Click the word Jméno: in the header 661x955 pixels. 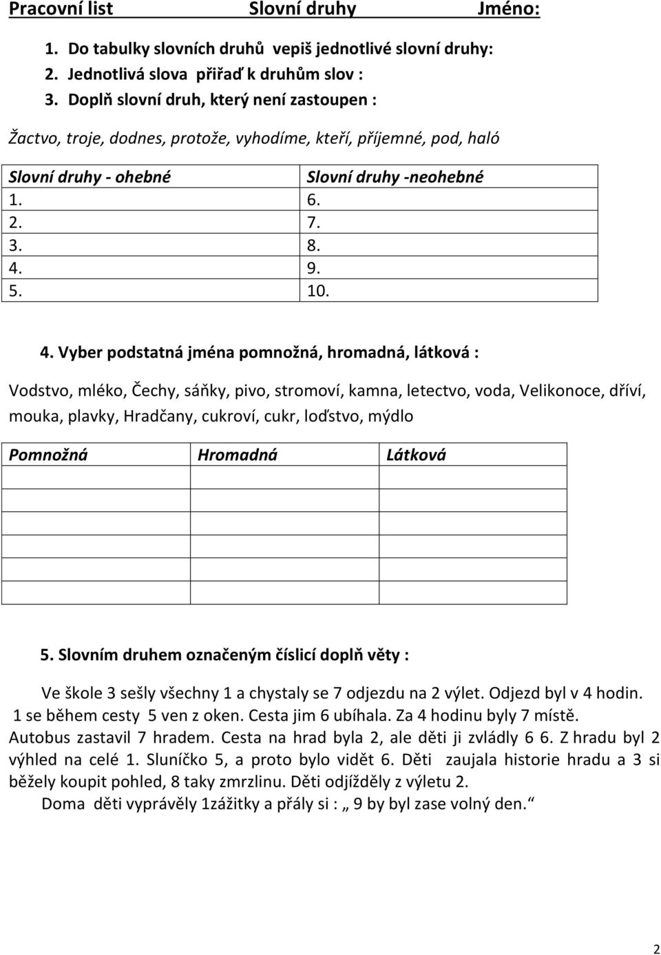[x=508, y=10]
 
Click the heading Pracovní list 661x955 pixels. [x=61, y=10]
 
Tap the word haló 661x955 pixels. [x=482, y=136]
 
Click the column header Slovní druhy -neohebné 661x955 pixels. [x=395, y=176]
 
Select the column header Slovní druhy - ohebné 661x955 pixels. [x=90, y=176]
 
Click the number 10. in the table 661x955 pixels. [x=317, y=290]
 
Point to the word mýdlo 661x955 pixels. [x=391, y=415]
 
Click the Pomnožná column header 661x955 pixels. [x=48, y=455]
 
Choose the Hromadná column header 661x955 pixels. [x=237, y=455]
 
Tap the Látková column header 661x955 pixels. [x=416, y=455]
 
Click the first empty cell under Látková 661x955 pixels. [x=472, y=477]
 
